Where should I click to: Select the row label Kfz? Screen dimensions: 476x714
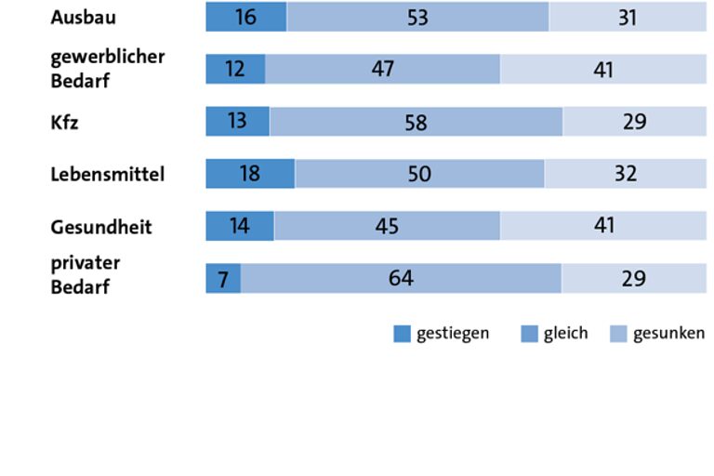(65, 122)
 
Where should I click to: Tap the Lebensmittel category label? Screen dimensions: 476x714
(107, 174)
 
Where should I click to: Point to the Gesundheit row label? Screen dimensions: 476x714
(100, 227)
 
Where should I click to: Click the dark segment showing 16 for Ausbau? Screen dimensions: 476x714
(246, 17)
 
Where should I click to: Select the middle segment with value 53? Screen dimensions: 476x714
(417, 17)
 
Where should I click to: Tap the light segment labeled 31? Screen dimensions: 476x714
(628, 17)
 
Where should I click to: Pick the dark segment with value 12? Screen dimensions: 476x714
(235, 69)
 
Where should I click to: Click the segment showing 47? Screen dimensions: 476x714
(382, 69)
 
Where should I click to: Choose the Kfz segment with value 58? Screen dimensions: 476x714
(416, 122)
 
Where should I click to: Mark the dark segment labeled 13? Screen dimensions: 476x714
(237, 122)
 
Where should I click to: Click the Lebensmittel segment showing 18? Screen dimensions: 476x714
(249, 174)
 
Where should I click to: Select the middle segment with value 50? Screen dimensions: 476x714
(419, 174)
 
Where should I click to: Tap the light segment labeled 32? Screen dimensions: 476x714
(625, 174)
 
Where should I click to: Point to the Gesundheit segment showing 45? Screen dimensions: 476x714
(387, 226)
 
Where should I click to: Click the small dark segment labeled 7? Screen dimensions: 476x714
(223, 279)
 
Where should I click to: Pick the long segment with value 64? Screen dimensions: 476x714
(401, 279)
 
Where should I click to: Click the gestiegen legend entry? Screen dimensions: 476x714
(442, 334)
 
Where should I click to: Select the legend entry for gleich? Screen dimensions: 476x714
(555, 334)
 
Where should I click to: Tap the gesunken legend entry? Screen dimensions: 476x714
(657, 334)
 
